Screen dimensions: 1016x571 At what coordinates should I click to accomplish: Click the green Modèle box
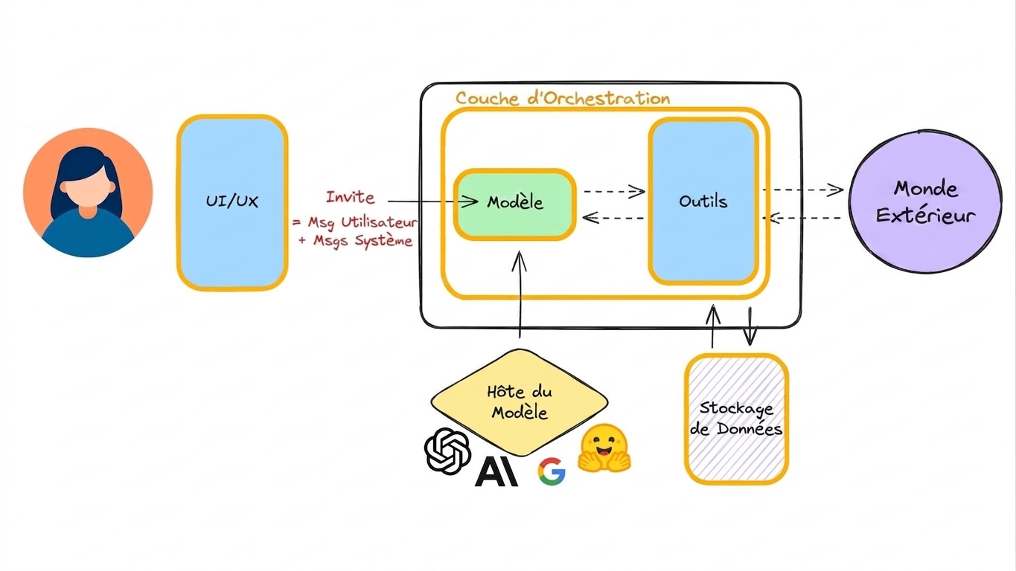pyautogui.click(x=515, y=204)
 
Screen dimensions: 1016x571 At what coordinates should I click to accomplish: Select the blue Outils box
pyautogui.click(x=703, y=201)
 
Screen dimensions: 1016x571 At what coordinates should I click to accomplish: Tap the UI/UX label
pyautogui.click(x=231, y=201)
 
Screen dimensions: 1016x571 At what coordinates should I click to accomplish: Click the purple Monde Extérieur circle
pyautogui.click(x=925, y=201)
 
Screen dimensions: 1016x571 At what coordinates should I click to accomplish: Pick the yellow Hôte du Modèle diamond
pyautogui.click(x=520, y=402)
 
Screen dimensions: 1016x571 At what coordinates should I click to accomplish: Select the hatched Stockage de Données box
pyautogui.click(x=736, y=419)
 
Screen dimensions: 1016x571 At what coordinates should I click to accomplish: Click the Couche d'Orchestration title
pyautogui.click(x=563, y=98)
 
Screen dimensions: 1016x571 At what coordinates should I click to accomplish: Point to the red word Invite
pyautogui.click(x=350, y=197)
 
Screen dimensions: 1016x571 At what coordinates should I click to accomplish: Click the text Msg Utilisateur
pyautogui.click(x=362, y=222)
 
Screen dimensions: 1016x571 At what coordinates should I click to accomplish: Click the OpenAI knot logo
pyautogui.click(x=447, y=451)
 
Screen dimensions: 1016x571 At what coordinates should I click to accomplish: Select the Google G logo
pyautogui.click(x=552, y=471)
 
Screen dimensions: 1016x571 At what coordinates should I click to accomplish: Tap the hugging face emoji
pyautogui.click(x=604, y=448)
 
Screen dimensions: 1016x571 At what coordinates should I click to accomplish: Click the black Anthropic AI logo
pyautogui.click(x=496, y=471)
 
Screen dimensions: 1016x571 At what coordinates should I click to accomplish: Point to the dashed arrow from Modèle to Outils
pyautogui.click(x=615, y=191)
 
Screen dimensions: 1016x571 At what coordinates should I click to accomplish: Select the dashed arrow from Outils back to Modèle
pyautogui.click(x=613, y=218)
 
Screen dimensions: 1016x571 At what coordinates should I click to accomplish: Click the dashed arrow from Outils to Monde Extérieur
pyautogui.click(x=803, y=190)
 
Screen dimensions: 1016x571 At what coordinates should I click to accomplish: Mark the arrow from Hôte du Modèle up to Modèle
pyautogui.click(x=520, y=294)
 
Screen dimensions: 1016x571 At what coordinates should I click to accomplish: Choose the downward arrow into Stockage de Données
pyautogui.click(x=750, y=326)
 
